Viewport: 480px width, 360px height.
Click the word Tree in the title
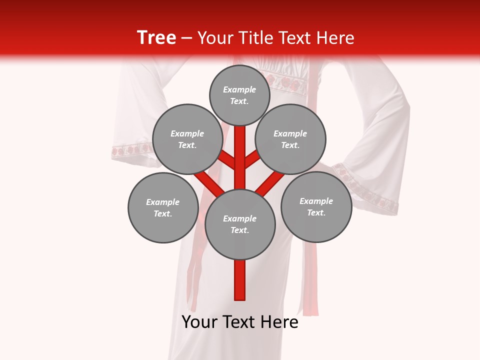(x=156, y=37)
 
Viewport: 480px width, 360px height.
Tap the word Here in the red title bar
(x=336, y=38)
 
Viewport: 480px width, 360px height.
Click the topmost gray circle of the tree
(x=239, y=95)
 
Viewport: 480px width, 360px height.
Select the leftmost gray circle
(x=163, y=208)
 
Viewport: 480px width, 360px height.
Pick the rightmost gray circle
(x=316, y=207)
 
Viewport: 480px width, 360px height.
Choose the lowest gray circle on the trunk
(x=240, y=224)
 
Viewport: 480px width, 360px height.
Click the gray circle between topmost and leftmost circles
(x=187, y=139)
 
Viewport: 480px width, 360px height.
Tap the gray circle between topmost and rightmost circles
(x=290, y=139)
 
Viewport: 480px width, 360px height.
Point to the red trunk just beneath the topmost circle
(x=240, y=137)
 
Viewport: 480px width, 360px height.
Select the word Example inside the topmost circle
(x=239, y=89)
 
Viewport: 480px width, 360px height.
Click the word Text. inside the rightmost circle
(x=316, y=212)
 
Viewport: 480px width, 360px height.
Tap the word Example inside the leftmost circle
(x=162, y=202)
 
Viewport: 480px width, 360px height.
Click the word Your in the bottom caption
(x=199, y=322)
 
